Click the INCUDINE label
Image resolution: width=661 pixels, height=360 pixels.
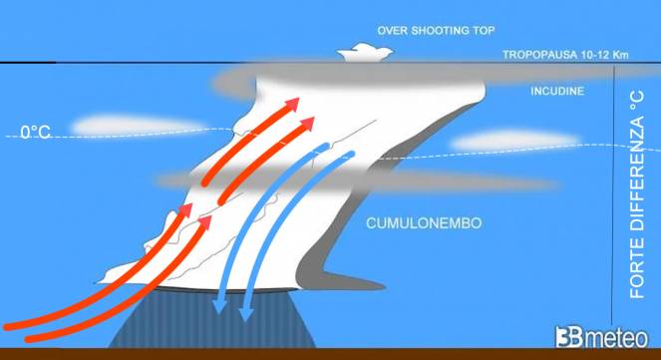[557, 92]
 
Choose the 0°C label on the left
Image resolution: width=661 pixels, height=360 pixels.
[36, 131]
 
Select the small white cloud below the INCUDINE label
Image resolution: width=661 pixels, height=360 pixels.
[498, 141]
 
